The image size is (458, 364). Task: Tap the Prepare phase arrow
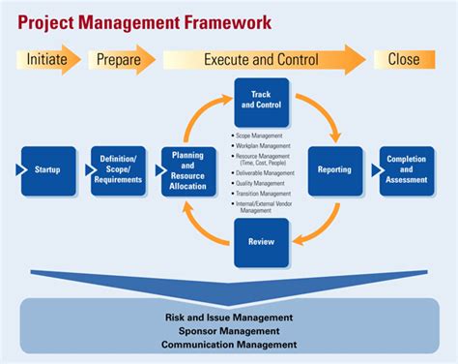pos(121,59)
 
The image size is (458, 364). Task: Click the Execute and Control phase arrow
pos(261,59)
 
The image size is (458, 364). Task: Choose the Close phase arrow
pos(404,59)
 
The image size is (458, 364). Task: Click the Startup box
pos(47,170)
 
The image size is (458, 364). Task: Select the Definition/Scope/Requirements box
pos(118,170)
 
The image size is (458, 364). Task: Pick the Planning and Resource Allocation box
pos(188,170)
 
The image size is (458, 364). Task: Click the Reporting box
pos(334,170)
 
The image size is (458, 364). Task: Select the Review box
pos(261,241)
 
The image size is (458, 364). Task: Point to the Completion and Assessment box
pos(406,170)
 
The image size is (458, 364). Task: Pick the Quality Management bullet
pos(261,183)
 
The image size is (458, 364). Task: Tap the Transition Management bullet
pos(263,193)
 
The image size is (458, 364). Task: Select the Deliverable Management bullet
pos(264,173)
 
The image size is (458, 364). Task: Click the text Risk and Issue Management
pos(229,318)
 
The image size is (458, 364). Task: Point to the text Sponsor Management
pos(229,331)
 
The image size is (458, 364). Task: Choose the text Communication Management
pos(229,345)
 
